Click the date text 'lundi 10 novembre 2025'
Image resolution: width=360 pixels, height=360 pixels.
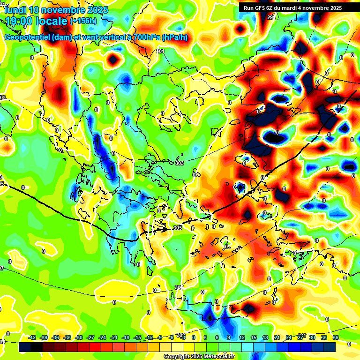[x=56, y=10]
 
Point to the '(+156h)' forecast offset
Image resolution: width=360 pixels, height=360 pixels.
[x=83, y=21]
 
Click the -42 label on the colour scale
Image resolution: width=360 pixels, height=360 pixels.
[x=32, y=337]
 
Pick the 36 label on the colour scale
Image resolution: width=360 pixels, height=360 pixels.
[x=336, y=337]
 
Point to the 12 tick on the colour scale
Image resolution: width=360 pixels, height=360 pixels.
[x=242, y=337]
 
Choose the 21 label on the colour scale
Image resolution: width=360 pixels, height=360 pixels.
[x=277, y=337]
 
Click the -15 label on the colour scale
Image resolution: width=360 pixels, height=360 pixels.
[x=138, y=337]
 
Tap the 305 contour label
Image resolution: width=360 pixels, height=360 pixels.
[x=177, y=228]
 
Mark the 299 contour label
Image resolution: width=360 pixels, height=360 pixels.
[x=271, y=17]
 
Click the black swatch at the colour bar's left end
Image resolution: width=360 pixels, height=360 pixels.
[x=25, y=347]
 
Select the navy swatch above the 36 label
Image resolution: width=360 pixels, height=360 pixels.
[x=330, y=347]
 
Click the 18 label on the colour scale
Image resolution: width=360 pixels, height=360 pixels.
[x=265, y=337]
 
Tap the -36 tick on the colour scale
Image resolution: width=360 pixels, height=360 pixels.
[x=56, y=337]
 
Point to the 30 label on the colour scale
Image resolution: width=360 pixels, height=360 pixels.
[x=312, y=337]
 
